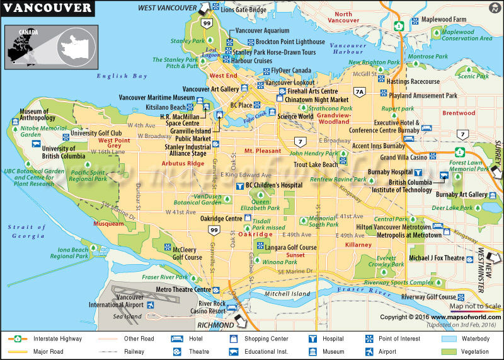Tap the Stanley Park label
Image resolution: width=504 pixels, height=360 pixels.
(187, 42)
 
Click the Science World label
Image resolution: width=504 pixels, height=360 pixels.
(295, 116)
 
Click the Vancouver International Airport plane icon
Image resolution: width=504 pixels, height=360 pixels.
(151, 305)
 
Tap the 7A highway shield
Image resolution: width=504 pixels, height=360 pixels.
(360, 92)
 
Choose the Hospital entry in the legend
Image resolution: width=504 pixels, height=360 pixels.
(335, 339)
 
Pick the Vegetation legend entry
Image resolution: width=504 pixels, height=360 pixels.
(474, 352)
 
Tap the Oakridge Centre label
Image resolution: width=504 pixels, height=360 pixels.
(226, 219)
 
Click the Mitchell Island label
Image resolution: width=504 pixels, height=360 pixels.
(287, 294)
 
